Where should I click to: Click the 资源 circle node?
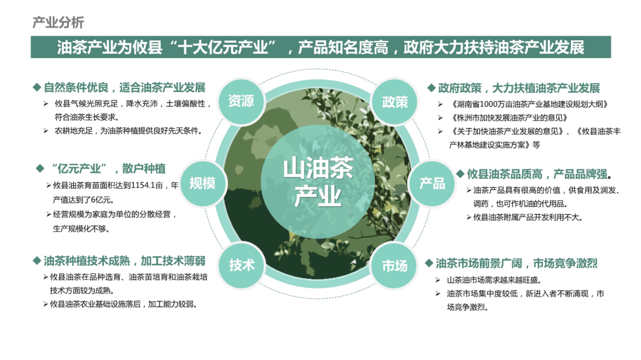[x=241, y=101]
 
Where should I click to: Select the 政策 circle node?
[x=395, y=101]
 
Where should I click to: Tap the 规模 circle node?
[x=203, y=184]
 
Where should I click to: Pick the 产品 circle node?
[x=432, y=184]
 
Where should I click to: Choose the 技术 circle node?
[x=242, y=266]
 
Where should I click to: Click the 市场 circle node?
[x=395, y=266]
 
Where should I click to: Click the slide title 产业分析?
[x=58, y=23]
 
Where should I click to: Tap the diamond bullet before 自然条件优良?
[x=37, y=87]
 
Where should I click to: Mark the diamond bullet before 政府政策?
[x=431, y=88]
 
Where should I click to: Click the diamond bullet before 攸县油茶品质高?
[x=460, y=174]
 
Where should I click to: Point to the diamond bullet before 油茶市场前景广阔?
[x=429, y=263]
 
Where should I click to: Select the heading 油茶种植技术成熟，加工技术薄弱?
[x=125, y=261]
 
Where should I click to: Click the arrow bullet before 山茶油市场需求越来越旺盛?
[x=438, y=280]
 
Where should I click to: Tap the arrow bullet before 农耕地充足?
[x=46, y=131]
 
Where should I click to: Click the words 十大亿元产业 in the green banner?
[x=223, y=47]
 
